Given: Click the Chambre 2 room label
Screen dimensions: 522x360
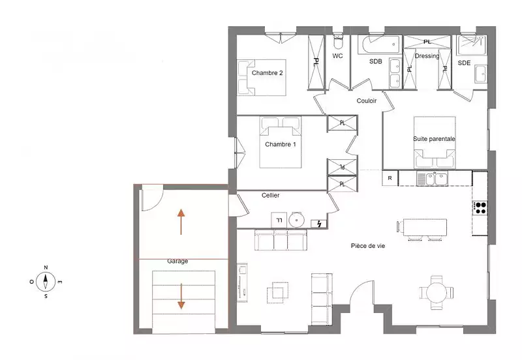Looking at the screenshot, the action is tap(267, 73).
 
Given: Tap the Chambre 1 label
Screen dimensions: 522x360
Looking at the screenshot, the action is tap(281, 144).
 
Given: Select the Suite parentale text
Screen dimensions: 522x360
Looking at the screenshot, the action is tap(434, 139).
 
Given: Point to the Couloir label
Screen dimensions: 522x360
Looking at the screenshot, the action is tap(366, 101).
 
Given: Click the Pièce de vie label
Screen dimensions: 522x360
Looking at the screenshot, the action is tap(368, 246).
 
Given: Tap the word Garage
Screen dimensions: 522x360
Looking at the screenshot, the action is tap(177, 262).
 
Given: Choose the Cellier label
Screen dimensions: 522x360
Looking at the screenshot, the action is tap(270, 195).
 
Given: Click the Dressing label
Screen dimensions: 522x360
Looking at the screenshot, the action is tap(427, 56).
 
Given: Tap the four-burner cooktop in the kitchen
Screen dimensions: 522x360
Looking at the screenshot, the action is tap(480, 208).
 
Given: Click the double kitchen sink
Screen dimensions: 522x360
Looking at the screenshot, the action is tap(432, 179).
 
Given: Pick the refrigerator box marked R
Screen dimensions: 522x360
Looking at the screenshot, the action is tap(390, 178).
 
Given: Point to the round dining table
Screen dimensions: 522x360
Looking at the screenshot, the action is tap(437, 293).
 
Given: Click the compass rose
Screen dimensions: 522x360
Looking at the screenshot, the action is tap(46, 282).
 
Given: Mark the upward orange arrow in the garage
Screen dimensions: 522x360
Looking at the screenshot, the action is tap(181, 222).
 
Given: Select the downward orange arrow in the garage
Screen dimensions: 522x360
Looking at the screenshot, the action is tap(181, 296).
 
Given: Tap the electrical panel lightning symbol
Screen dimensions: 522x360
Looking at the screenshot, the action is tap(319, 224).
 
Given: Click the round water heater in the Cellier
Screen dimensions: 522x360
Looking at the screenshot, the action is tap(296, 220).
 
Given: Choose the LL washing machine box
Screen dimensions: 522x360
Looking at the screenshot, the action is tap(279, 220).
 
